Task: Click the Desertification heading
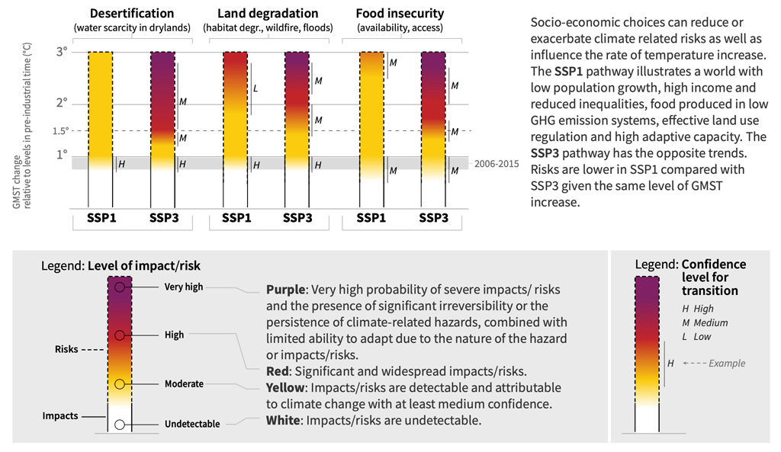click(x=132, y=14)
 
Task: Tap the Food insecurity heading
click(x=400, y=14)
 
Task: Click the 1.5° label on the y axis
click(x=61, y=130)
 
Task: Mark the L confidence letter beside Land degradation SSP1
click(x=256, y=88)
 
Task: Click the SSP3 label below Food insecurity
click(x=432, y=218)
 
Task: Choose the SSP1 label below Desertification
click(x=101, y=218)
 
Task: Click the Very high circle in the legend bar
click(x=120, y=287)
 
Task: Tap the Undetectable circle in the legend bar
click(x=120, y=424)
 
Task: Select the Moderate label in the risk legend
click(x=184, y=383)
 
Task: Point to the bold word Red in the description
click(x=278, y=372)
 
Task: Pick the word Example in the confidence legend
click(x=727, y=364)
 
